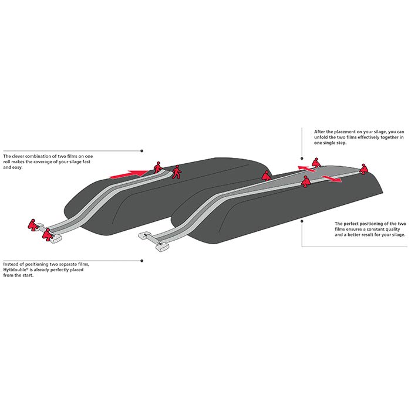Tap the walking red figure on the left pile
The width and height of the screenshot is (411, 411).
point(176,172)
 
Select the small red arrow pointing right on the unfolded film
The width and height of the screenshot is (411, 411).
point(332,178)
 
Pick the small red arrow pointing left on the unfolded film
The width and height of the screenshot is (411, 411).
point(306,169)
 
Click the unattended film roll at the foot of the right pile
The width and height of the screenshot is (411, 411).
point(154,241)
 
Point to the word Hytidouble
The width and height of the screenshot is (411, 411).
point(14,269)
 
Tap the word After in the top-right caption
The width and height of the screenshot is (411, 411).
point(320,132)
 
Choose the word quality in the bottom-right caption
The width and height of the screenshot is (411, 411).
point(392,229)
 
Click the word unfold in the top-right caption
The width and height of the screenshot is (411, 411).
point(321,137)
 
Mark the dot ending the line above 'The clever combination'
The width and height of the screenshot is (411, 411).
point(142,151)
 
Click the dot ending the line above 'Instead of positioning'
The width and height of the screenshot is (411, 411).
point(142,261)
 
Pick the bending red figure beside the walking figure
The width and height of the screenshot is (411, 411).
point(157,167)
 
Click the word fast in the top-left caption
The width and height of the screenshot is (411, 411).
point(86,161)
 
